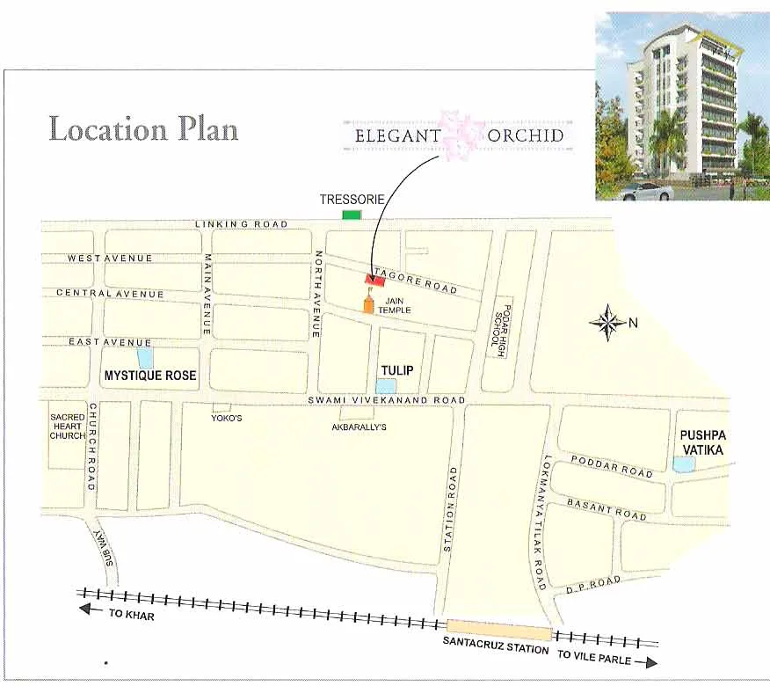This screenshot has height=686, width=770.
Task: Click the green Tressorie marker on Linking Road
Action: pyautogui.click(x=352, y=215)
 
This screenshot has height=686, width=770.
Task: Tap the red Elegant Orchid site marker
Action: pyautogui.click(x=375, y=279)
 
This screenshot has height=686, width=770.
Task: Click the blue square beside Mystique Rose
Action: pyautogui.click(x=145, y=358)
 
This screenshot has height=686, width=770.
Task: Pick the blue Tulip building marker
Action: pyautogui.click(x=386, y=385)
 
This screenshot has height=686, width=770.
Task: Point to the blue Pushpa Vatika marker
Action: pyautogui.click(x=683, y=463)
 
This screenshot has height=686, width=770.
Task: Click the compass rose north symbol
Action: pyautogui.click(x=607, y=323)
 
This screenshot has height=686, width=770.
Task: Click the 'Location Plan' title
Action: pyautogui.click(x=143, y=129)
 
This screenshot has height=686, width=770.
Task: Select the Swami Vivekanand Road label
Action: pyautogui.click(x=386, y=401)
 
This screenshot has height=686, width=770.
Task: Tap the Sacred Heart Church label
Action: pyautogui.click(x=68, y=427)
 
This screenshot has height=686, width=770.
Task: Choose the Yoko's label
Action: pyautogui.click(x=227, y=418)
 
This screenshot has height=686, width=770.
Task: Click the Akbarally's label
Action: pyautogui.click(x=359, y=427)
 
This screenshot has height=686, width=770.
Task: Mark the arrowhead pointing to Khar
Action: pyautogui.click(x=84, y=609)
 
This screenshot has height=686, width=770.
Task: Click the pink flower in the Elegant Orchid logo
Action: pyautogui.click(x=461, y=135)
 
